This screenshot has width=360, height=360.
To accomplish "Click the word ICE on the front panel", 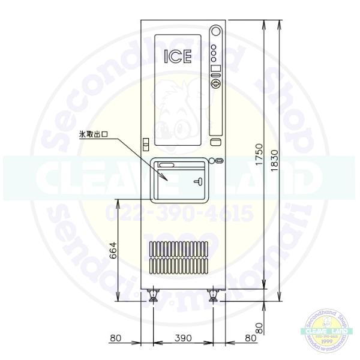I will tap(178, 57).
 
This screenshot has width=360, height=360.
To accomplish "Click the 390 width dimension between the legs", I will tap(182, 338).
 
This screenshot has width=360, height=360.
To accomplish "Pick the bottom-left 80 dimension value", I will tap(116, 338).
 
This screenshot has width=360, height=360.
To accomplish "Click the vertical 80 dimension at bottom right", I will tap(259, 329).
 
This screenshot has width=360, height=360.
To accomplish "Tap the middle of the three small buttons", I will tap(214, 53).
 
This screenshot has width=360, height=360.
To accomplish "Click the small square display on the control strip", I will tap(215, 68).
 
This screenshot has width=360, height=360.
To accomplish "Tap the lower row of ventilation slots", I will tap(179, 264).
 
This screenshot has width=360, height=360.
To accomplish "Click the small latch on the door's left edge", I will tap(144, 144).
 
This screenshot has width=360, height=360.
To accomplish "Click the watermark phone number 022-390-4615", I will tap(180, 212).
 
